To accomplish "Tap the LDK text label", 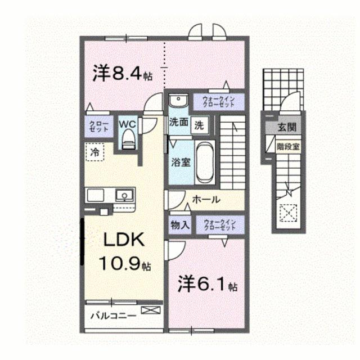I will [x=124, y=240].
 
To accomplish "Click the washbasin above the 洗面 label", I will [x=178, y=101].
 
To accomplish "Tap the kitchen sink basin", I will [x=123, y=196].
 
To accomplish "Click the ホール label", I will [x=206, y=200].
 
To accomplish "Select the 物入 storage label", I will [x=179, y=225].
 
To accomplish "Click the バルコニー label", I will [x=113, y=316].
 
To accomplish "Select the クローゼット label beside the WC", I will [x=98, y=125].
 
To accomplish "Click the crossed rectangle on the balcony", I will [x=150, y=310].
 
